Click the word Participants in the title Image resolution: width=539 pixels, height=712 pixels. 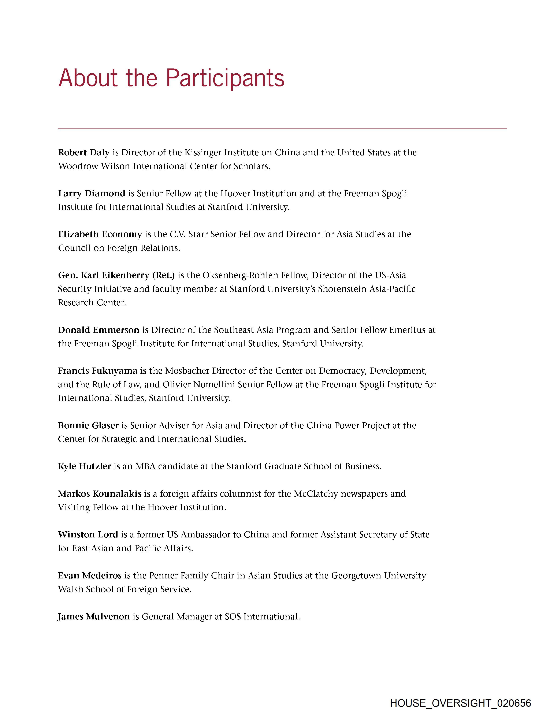[x=225, y=78]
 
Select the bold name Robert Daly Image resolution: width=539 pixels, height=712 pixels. [x=84, y=153]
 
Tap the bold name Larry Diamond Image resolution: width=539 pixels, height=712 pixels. [x=92, y=193]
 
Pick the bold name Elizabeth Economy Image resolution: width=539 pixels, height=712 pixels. [x=100, y=234]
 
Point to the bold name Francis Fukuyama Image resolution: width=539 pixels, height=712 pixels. [x=98, y=371]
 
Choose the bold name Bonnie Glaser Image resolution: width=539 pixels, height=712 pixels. [x=88, y=425]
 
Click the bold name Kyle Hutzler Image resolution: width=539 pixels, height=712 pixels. [x=84, y=466]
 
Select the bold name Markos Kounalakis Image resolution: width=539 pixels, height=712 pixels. [x=100, y=494]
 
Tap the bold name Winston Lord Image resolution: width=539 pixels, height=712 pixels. [x=88, y=535]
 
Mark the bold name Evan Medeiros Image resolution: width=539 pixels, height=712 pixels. [x=89, y=575]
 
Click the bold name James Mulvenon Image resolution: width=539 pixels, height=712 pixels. [x=94, y=616]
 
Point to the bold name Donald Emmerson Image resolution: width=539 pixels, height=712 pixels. [x=98, y=330]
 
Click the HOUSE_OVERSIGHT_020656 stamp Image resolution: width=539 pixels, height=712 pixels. [x=460, y=703]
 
